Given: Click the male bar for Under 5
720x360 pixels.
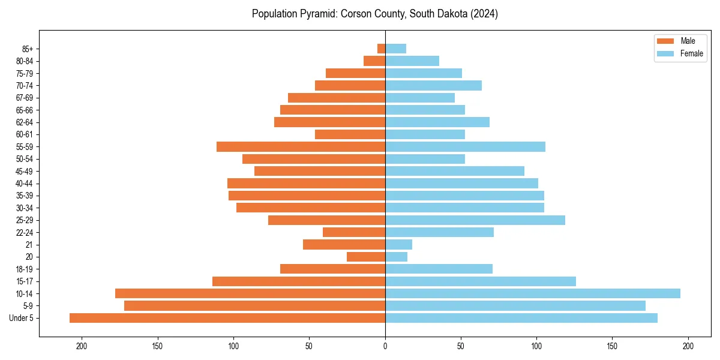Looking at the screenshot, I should point(227,318).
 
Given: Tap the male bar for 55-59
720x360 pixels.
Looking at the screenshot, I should point(301,146).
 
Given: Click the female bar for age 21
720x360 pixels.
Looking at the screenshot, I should point(398,244).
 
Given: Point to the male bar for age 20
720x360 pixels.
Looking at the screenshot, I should point(366,257).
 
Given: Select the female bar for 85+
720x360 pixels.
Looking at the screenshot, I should point(395,49).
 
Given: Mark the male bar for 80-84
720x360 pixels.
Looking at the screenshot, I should point(374,61).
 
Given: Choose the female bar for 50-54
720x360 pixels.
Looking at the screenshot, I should point(425,159).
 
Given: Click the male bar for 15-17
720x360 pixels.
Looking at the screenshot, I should point(299,281).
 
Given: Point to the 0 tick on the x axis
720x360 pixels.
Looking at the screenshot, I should point(385,346).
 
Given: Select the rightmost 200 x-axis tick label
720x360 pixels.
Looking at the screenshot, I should point(688,346).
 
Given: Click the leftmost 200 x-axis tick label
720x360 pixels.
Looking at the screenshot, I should point(82,346).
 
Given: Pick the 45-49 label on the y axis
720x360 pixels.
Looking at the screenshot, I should point(24,171).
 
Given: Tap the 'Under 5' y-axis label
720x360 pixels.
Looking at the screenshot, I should point(21,318).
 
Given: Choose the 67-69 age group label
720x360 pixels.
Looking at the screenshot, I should point(24,98).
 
